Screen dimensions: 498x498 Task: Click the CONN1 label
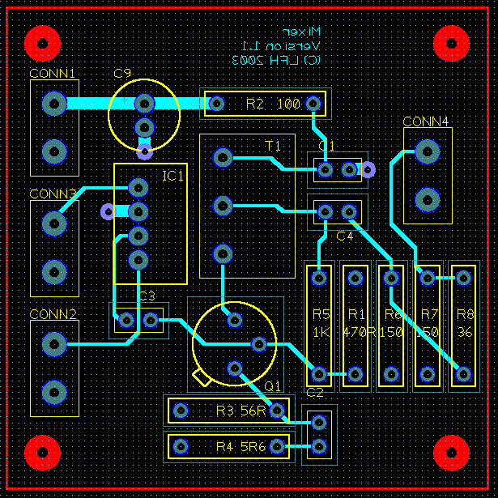[53, 74]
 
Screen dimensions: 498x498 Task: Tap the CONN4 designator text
[425, 122]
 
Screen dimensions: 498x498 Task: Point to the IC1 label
[172, 176]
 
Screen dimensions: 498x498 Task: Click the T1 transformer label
[273, 145]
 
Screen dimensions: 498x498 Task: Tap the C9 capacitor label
[122, 74]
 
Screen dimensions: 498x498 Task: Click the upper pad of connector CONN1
[54, 104]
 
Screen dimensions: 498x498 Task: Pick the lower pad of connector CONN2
[54, 392]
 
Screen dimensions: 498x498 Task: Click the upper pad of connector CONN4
[427, 151]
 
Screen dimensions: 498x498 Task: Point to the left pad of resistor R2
[216, 104]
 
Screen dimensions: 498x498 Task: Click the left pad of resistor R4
[180, 445]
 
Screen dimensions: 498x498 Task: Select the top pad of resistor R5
[320, 279]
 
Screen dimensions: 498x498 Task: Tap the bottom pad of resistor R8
[463, 374]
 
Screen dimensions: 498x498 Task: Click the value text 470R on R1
[355, 332]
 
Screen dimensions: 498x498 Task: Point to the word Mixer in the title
[304, 32]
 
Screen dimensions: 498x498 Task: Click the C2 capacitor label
[315, 393]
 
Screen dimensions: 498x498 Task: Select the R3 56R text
[241, 411]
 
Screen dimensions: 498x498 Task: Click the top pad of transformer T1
[223, 158]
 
